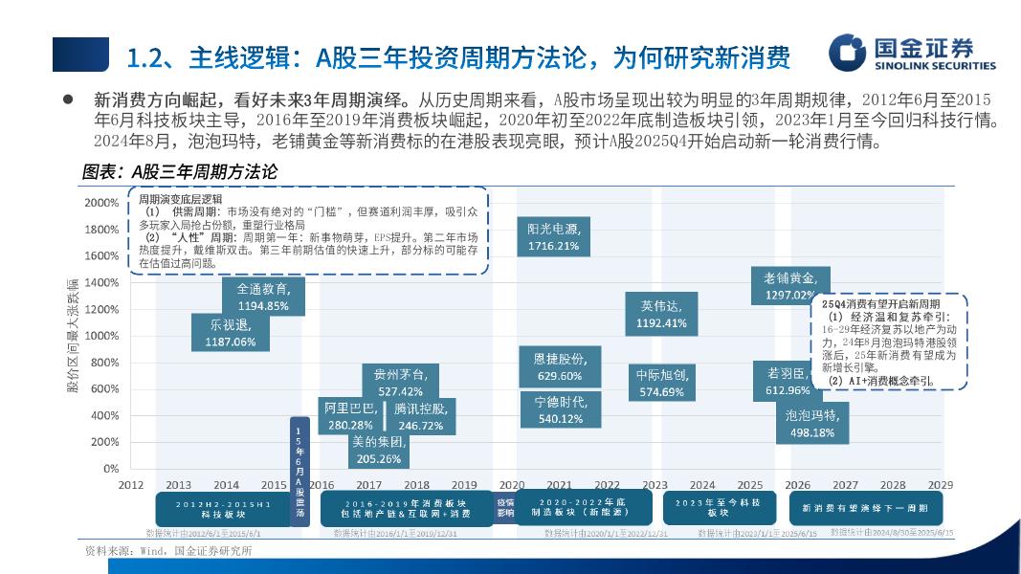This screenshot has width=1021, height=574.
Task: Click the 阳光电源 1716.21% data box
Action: (553, 236)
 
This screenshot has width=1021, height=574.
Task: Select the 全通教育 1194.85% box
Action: (262, 297)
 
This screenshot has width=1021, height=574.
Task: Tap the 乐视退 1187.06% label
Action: (231, 332)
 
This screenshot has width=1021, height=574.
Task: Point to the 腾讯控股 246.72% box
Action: (420, 417)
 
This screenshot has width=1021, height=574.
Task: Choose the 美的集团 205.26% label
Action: (379, 450)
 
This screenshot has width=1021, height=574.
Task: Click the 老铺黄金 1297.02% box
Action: (789, 287)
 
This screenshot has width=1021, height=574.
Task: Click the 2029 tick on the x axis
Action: (940, 485)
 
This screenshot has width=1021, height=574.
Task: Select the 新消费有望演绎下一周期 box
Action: (863, 507)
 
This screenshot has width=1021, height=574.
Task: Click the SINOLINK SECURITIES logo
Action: (912, 54)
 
